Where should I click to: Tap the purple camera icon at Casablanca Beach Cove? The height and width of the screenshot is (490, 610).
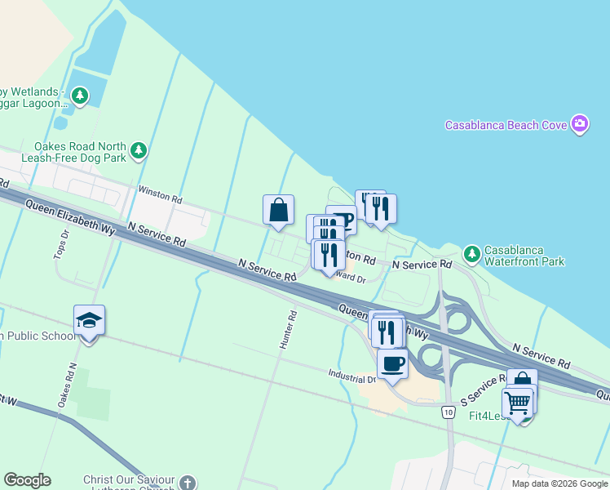[580, 124]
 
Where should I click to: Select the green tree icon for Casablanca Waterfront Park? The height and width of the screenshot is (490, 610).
[471, 252]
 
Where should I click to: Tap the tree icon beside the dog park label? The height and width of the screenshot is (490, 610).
[139, 149]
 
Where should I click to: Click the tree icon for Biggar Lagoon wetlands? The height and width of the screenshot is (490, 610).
[80, 97]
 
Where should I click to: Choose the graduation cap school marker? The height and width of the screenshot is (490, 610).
[89, 320]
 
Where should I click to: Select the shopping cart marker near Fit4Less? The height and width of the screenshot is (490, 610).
[517, 403]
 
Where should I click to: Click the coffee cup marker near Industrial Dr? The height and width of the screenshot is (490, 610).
[392, 363]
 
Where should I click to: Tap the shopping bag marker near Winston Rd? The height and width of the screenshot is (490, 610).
[278, 209]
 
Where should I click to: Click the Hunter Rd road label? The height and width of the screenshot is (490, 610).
[285, 330]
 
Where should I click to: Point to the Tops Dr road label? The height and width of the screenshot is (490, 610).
[60, 243]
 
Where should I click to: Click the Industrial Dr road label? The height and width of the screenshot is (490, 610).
[352, 377]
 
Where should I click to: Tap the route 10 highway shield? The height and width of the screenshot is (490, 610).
[449, 412]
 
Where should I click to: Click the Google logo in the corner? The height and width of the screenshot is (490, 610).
[27, 480]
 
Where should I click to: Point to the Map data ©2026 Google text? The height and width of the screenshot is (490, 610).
[559, 483]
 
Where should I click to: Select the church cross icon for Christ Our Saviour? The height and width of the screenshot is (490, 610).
[188, 483]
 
